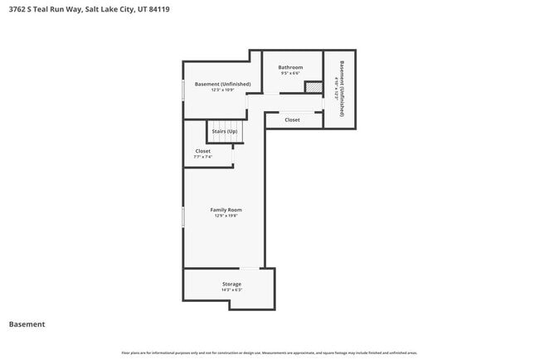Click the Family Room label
(226, 210)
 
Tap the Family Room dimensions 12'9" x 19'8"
(226, 216)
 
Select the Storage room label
(231, 284)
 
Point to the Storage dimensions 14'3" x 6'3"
(231, 290)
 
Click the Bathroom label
(290, 67)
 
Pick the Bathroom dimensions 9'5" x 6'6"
(290, 73)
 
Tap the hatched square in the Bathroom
(313, 87)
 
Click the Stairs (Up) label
(225, 131)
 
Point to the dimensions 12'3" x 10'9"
(216, 90)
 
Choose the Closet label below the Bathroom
(292, 119)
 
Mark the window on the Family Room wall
(183, 216)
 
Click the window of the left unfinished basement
(183, 90)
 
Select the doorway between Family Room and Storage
(250, 268)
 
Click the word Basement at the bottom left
(27, 324)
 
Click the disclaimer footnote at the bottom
(269, 353)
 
